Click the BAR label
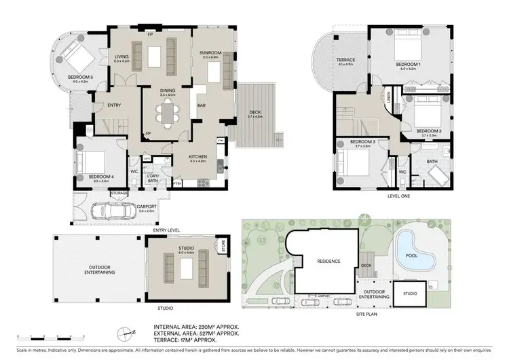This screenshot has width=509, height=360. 201,105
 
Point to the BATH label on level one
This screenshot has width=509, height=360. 432,161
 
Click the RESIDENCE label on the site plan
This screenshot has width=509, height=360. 327,261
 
